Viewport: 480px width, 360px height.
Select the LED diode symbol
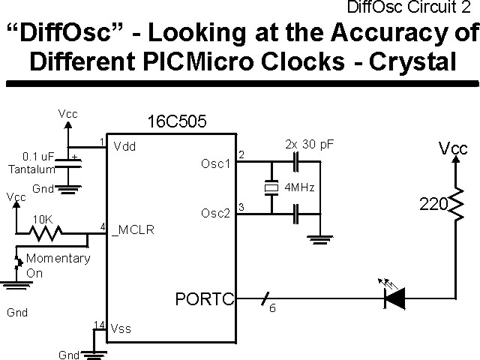(x=394, y=298)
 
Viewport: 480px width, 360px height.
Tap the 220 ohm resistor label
(x=432, y=203)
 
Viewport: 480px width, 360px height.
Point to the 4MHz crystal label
(x=298, y=186)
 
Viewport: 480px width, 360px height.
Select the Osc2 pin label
(x=216, y=213)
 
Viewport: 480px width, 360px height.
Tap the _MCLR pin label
(x=133, y=230)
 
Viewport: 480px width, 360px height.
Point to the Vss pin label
(x=121, y=328)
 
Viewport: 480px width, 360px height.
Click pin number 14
(x=99, y=324)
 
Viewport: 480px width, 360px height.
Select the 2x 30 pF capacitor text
(x=309, y=143)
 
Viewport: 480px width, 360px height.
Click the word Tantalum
(x=27, y=170)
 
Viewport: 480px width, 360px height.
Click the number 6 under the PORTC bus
(x=272, y=307)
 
